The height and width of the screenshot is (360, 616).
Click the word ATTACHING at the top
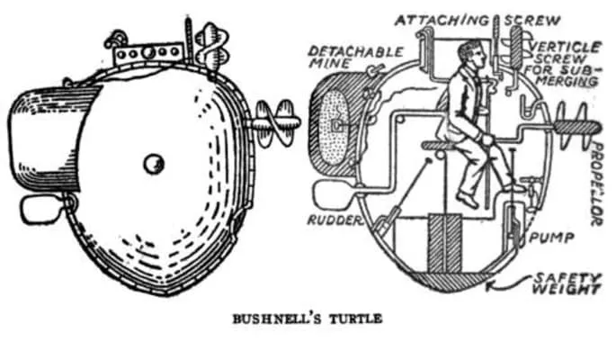442,20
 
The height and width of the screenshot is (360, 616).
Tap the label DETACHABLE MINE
353,57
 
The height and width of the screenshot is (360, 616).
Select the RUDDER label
334,220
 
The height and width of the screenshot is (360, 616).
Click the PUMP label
551,238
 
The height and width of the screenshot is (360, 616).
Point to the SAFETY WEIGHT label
567,284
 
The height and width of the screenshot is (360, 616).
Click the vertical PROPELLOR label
596,184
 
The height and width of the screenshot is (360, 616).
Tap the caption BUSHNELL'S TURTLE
308,319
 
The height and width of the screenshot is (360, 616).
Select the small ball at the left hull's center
154,164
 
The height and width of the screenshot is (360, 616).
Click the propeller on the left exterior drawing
275,123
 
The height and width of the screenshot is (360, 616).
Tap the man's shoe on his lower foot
468,200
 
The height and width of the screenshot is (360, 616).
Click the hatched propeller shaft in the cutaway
576,127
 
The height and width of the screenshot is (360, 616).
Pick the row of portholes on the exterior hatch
148,53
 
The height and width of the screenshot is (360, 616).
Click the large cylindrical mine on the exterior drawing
51,139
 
